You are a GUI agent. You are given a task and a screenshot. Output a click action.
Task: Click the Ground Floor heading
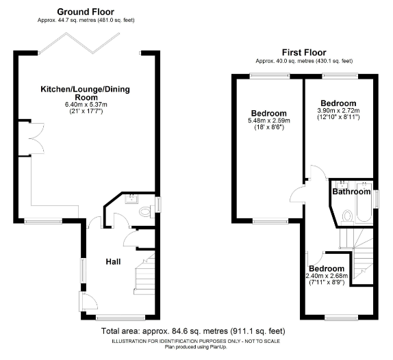point(86,12)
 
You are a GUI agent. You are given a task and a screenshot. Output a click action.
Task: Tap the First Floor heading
point(304,53)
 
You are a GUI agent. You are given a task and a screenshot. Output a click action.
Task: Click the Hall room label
point(113,262)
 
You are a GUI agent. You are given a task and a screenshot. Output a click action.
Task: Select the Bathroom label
point(351,192)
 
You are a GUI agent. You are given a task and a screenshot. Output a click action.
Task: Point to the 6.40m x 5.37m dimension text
point(86,105)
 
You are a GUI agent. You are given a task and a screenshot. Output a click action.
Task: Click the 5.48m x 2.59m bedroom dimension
point(269,120)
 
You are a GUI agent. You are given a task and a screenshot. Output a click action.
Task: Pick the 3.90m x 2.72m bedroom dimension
point(338,110)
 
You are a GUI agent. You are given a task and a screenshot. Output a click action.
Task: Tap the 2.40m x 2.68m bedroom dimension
point(327,276)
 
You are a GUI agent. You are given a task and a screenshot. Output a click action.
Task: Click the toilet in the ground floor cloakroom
point(146,211)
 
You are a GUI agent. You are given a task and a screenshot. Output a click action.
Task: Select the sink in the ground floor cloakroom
point(131,199)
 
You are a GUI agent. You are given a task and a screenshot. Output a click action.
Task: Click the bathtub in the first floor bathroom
point(364,202)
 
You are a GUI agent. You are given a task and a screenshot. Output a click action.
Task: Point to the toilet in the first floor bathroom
point(347,217)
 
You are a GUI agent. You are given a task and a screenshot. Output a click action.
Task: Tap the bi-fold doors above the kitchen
point(79,43)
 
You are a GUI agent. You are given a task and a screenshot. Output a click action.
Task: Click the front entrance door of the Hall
point(88,302)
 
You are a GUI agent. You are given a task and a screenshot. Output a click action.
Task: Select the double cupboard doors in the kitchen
point(37,138)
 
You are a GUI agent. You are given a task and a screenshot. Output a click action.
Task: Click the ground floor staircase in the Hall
point(144,274)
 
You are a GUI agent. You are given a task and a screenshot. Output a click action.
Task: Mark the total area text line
point(193,331)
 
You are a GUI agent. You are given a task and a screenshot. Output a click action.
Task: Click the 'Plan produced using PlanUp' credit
point(196,347)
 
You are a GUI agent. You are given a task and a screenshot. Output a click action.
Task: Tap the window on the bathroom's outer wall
point(377,199)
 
